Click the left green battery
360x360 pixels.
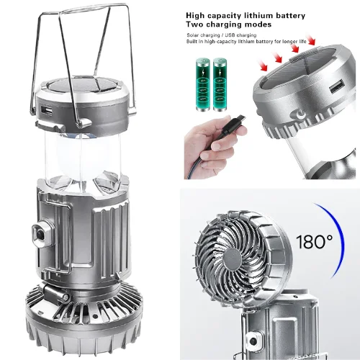coord(203,84)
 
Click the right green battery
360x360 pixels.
coord(220,84)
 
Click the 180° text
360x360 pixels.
coord(315,242)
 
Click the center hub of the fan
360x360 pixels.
coord(233,258)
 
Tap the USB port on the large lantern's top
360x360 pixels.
coord(47,111)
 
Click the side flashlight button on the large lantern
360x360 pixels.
coord(41,234)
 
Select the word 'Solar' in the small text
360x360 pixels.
coord(193,35)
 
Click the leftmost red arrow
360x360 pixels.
coord(264,67)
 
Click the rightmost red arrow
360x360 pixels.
coord(311,39)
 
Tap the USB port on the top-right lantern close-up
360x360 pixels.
coord(337,88)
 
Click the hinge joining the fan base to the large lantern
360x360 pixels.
coord(55,294)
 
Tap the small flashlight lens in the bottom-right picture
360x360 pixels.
coord(253,341)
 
